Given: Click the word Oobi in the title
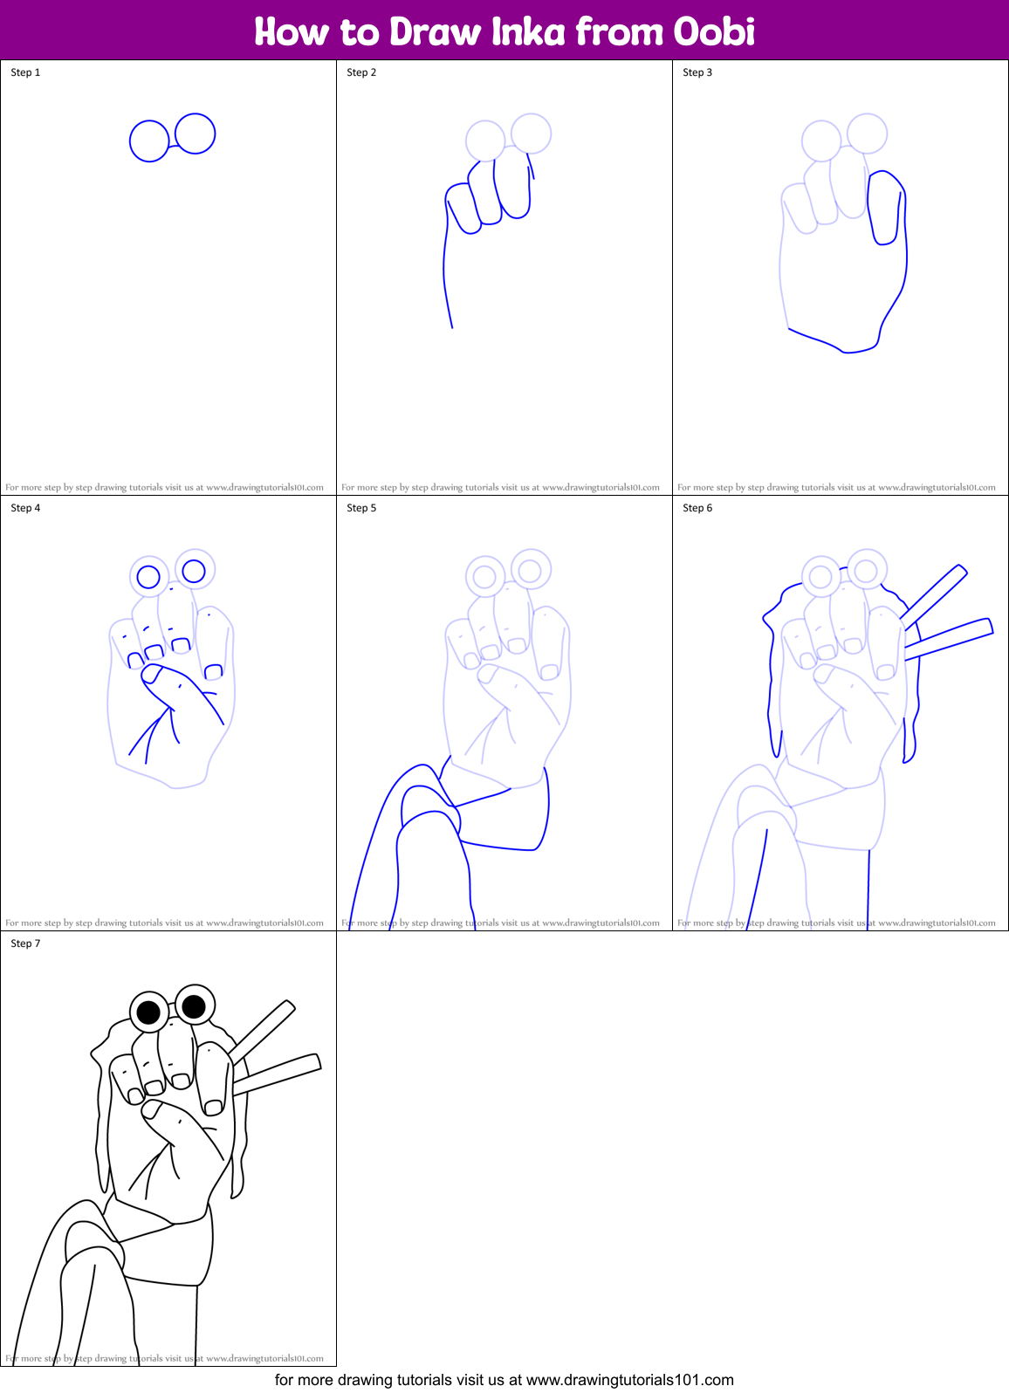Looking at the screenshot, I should (713, 31).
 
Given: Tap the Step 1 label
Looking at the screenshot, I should (25, 72).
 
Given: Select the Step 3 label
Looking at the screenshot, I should (697, 72).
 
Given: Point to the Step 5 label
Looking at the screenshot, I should (361, 508).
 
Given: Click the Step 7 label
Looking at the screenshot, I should (25, 944).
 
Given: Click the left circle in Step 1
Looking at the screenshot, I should (149, 141).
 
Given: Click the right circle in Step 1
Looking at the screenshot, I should (195, 134).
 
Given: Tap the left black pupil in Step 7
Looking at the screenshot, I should (149, 1012).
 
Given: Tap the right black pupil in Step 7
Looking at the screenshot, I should (194, 1005).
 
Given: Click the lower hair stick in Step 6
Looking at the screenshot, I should (950, 639).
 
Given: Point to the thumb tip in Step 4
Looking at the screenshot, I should (152, 673).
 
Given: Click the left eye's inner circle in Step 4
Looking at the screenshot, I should (148, 577).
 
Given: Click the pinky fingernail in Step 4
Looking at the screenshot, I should (213, 671).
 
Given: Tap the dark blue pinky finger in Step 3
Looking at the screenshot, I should (886, 209).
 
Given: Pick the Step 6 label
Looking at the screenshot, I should (697, 508).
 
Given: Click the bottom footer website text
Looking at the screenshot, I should (504, 1380).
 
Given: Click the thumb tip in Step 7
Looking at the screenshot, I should (152, 1109).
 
